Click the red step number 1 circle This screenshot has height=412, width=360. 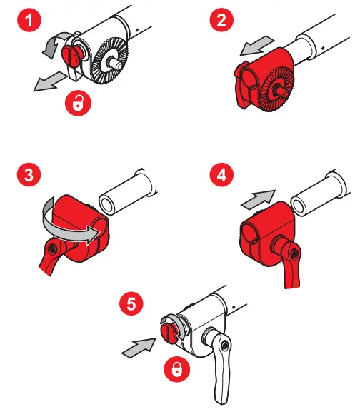click(x=29, y=20)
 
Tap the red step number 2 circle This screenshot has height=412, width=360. click(x=221, y=20)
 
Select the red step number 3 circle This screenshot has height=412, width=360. click(x=29, y=174)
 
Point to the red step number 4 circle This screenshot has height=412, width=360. click(x=221, y=174)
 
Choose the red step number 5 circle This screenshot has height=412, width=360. click(x=131, y=303)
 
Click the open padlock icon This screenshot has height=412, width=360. click(x=78, y=103)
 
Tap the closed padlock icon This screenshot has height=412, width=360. click(x=176, y=369)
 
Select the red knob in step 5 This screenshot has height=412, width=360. click(x=168, y=334)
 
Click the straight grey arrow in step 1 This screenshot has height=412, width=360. click(x=50, y=81)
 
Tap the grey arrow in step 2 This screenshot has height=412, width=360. click(x=257, y=46)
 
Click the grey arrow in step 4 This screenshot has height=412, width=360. click(x=258, y=199)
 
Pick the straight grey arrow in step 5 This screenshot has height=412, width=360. click(x=139, y=348)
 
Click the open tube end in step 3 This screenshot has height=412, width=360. click(x=107, y=204)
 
